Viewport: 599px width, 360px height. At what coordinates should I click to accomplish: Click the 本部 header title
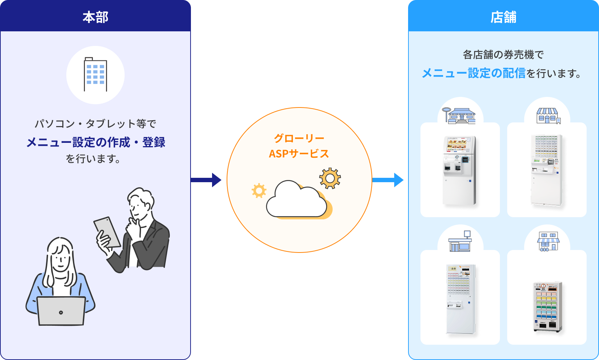point(95,17)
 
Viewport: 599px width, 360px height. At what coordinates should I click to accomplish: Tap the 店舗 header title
point(503,17)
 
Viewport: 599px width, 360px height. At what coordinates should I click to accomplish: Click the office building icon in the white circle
point(95,75)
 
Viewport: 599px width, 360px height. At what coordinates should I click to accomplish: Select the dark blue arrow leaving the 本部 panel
point(206,180)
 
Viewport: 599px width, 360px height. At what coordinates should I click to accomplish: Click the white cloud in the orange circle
point(296,200)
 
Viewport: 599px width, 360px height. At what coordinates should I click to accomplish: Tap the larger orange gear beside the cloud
point(330,178)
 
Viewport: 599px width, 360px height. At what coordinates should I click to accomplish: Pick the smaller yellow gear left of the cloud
point(259,191)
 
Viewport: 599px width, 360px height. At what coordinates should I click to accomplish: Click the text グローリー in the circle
point(299,138)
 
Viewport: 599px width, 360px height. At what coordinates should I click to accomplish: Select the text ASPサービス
point(299,154)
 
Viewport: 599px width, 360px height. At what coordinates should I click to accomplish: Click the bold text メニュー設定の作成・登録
point(96,142)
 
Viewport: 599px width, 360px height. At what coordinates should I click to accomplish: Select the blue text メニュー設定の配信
point(474,73)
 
